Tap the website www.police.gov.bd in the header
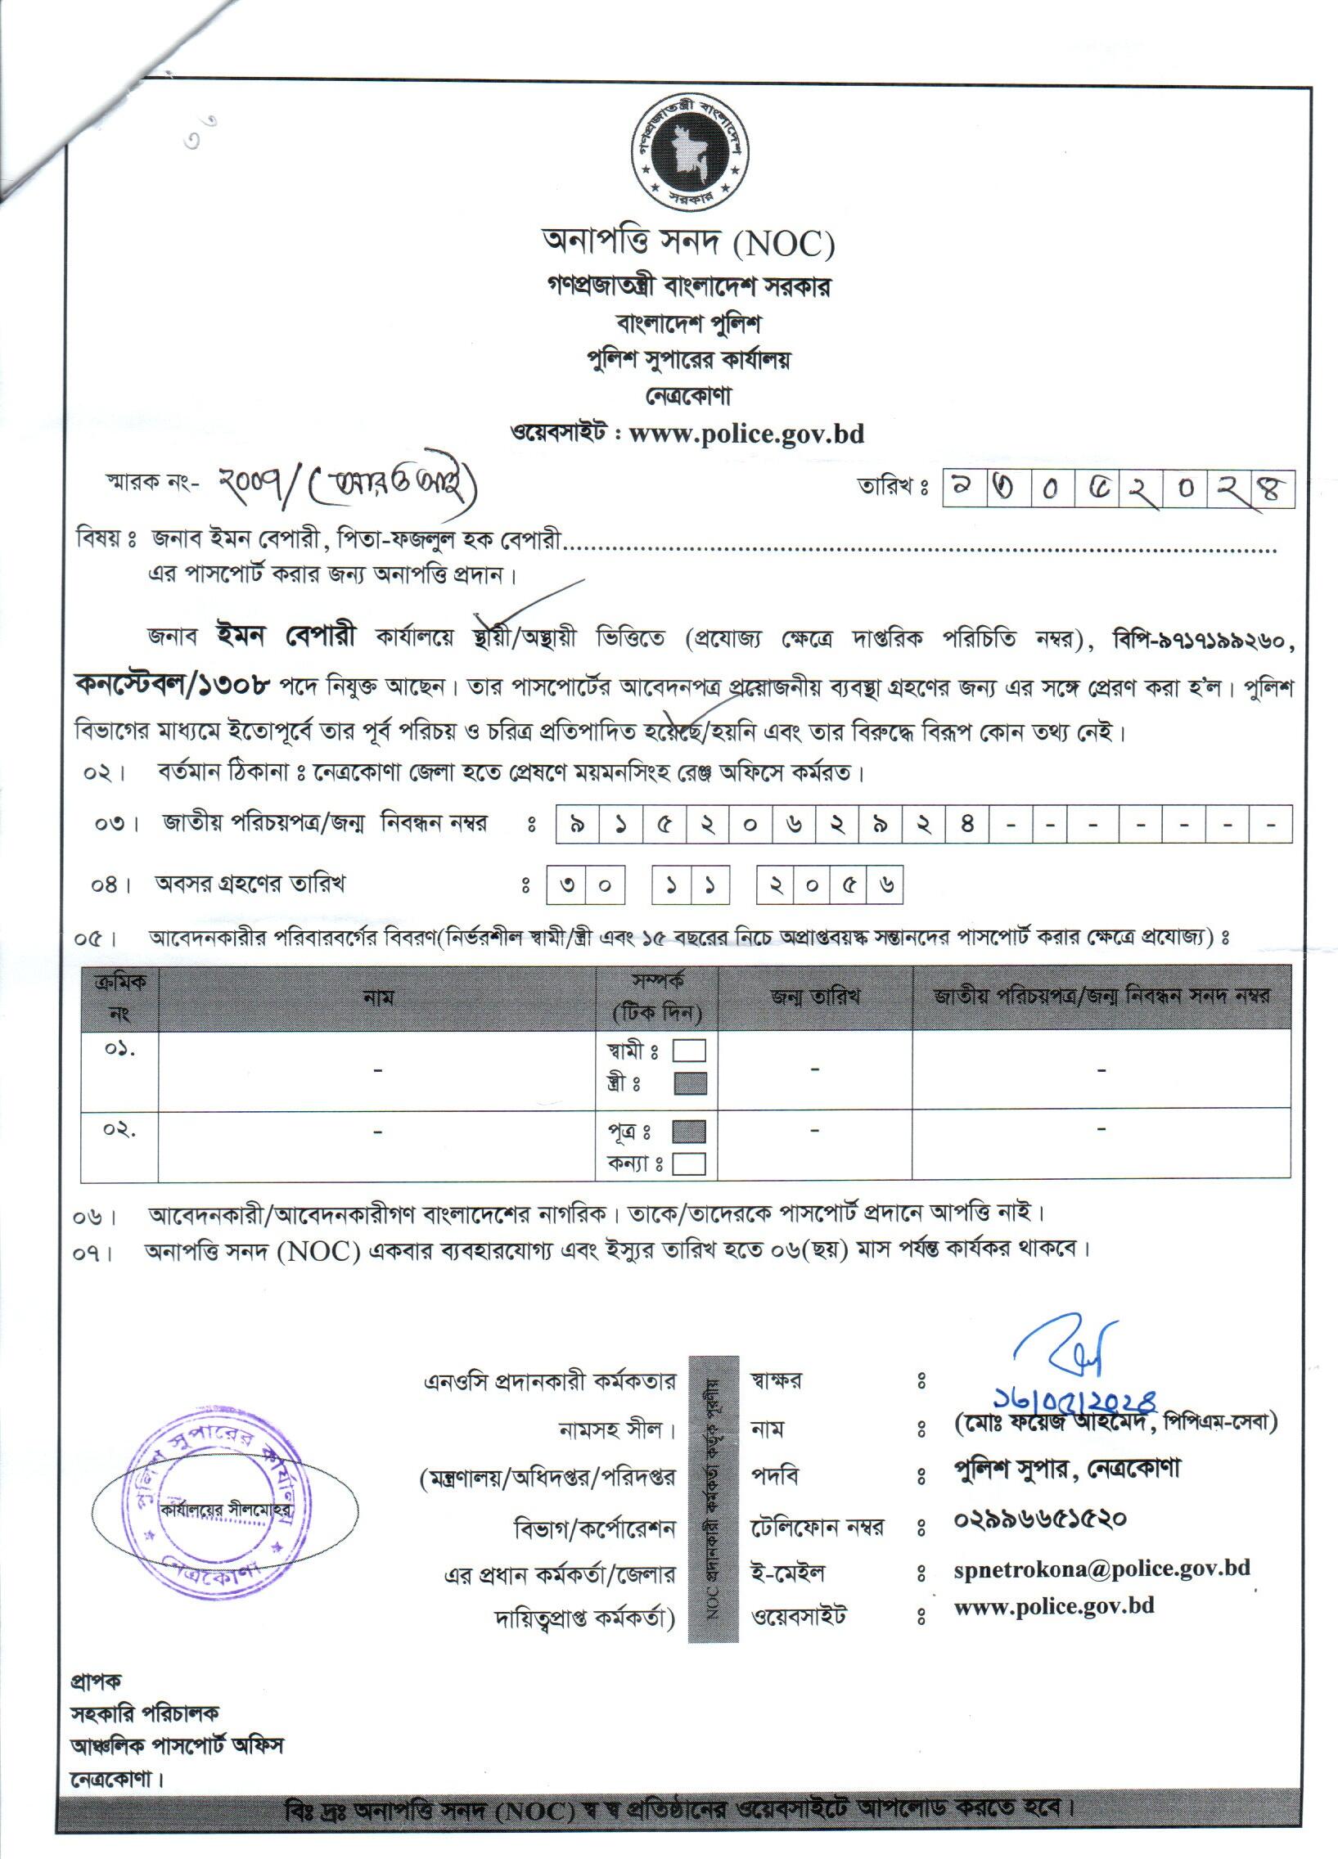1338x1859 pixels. coord(746,433)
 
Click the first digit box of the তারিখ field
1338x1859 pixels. coord(957,489)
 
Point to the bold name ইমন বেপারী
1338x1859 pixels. coord(286,636)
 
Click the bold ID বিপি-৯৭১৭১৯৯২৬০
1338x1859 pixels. coord(1203,640)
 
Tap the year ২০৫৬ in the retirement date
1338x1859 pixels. coord(829,885)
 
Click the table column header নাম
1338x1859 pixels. coord(377,997)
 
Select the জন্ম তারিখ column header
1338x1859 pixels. coord(815,997)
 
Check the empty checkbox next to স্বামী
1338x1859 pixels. coord(689,1051)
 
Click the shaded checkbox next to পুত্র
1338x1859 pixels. coord(689,1132)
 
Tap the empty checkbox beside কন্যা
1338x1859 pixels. coord(689,1164)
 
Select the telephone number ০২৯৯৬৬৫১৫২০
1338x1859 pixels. coord(1039,1519)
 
